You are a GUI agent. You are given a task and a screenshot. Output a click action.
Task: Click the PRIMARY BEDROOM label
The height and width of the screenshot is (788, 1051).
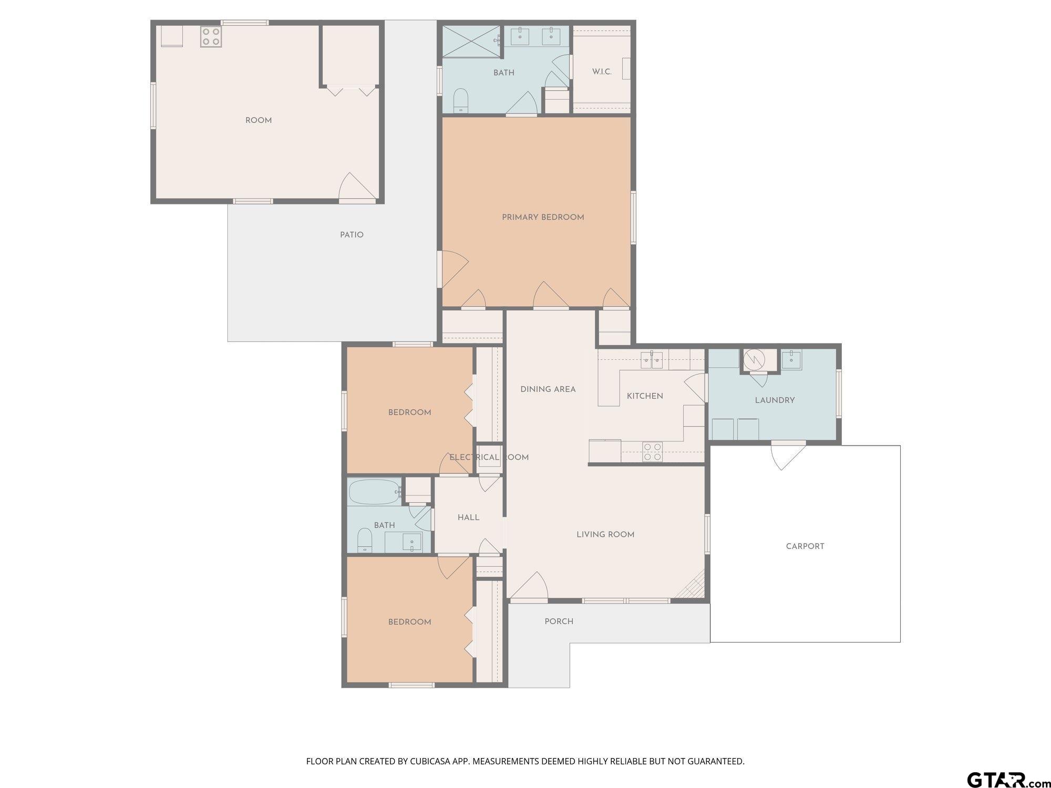pos(543,217)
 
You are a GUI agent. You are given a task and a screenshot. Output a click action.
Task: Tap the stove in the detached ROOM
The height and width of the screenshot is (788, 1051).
pos(210,37)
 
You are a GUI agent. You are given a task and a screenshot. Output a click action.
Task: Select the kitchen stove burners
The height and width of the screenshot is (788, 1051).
pos(653,452)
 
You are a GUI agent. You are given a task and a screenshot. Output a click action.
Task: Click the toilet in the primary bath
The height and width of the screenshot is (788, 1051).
pos(460,100)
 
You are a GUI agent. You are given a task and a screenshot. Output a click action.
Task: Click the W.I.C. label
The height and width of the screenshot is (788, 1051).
pos(602,72)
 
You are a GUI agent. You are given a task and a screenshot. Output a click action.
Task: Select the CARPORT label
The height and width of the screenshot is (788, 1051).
pos(805,546)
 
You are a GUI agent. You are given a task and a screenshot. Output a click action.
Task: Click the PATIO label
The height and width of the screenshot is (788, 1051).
pos(352,235)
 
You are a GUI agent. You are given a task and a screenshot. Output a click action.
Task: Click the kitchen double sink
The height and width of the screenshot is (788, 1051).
pos(652,360)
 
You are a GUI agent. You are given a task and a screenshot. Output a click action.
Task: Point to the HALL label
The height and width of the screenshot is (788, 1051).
pos(468,517)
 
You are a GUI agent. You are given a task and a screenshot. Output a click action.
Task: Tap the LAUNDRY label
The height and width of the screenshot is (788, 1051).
pos(775,400)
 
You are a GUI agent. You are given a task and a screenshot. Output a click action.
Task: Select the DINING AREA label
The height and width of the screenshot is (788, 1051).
pos(548,389)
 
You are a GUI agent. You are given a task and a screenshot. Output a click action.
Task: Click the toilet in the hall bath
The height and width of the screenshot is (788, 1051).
pos(364,540)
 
